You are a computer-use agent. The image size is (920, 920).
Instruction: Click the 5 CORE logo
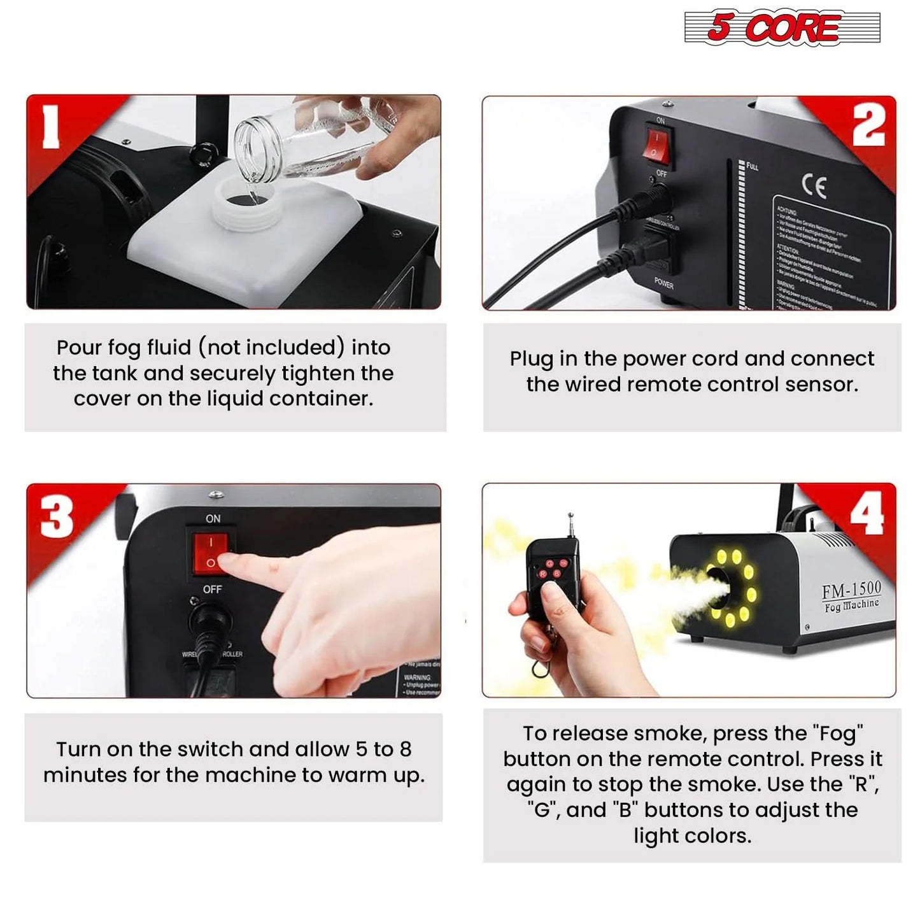[782, 27]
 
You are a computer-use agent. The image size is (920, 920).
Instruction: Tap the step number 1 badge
[51, 127]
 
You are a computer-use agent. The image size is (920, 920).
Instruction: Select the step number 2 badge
[868, 125]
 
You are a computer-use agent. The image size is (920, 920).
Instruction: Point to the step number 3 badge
[57, 516]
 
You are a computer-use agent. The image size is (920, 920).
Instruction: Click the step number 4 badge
[867, 514]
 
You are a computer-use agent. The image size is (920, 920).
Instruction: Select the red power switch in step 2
[655, 145]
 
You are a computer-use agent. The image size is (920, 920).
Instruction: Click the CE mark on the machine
[814, 186]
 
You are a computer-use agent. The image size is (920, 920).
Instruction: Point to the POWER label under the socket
[663, 283]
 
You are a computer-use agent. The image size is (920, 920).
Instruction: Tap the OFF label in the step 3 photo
[212, 590]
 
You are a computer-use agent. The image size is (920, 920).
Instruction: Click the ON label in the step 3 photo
[213, 519]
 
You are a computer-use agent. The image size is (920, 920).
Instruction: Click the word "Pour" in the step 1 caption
[79, 348]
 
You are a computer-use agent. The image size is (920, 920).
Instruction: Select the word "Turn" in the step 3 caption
[78, 749]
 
